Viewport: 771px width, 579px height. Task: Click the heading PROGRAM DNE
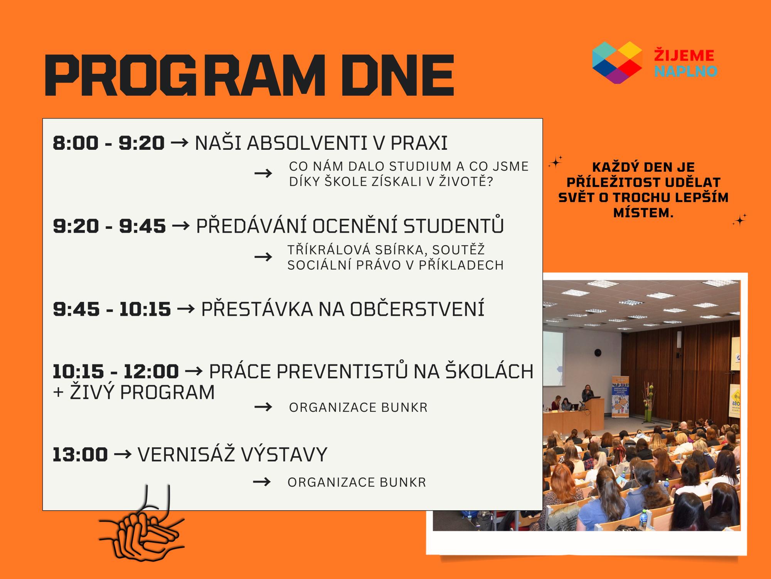click(x=249, y=75)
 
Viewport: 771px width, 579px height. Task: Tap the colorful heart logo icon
click(x=617, y=63)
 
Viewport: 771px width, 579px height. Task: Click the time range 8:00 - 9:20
click(x=109, y=143)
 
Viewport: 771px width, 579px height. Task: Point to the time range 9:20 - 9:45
click(x=109, y=226)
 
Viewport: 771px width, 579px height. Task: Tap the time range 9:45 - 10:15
click(x=112, y=309)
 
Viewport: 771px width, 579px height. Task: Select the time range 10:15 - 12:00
click(x=116, y=372)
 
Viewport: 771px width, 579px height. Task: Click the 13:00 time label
click(x=80, y=454)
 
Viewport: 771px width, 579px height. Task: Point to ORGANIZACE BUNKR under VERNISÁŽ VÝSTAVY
click(x=357, y=482)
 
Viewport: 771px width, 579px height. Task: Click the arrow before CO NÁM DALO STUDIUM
click(x=263, y=173)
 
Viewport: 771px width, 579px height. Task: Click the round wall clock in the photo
click(x=598, y=352)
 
